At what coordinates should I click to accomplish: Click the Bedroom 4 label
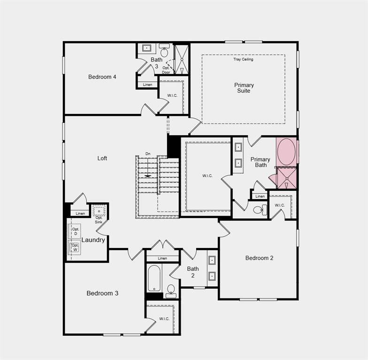tap(102, 77)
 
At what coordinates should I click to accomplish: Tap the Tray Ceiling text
tap(243, 60)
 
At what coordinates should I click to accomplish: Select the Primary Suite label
tap(244, 88)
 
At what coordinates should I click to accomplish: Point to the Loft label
tap(102, 158)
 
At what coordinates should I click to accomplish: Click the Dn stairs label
tap(148, 154)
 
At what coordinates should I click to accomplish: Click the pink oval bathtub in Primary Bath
tap(286, 151)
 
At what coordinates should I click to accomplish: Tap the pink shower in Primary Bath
tap(286, 178)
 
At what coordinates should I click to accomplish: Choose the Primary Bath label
tap(260, 162)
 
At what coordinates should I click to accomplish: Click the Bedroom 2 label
tap(259, 258)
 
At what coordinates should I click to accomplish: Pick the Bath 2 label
tap(193, 272)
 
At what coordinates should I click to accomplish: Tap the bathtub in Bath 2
tap(154, 279)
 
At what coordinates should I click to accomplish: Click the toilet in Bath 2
tap(171, 290)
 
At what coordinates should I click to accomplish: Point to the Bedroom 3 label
tap(102, 293)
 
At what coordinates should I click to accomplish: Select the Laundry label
tap(93, 240)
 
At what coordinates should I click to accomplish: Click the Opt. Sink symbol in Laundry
tap(99, 211)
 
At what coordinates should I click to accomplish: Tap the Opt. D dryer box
tap(75, 232)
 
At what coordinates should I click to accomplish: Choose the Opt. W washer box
tap(75, 247)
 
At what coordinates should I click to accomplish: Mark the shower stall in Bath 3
tap(181, 59)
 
